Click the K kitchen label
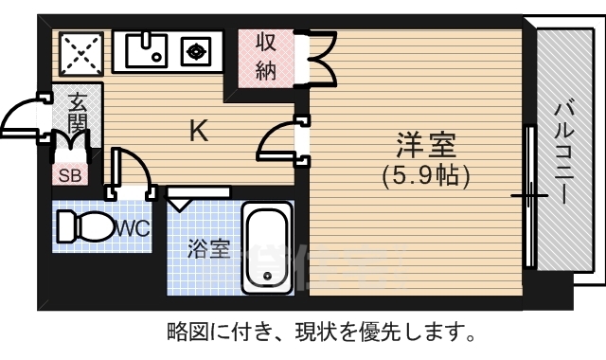pos(198,131)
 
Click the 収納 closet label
pos(264,57)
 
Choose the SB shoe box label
pos(70,174)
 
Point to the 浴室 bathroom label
pos(208,249)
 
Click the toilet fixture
pos(83,227)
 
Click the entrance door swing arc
pos(21,118)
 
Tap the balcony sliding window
pos(528,195)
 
